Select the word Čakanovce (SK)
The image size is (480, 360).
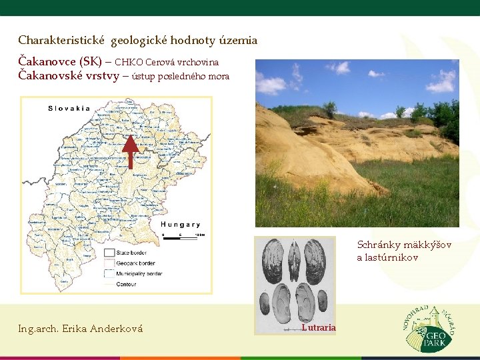pyautogui.click(x=60, y=62)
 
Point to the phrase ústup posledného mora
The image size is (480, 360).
pyautogui.click(x=181, y=76)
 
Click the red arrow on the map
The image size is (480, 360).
pyautogui.click(x=131, y=151)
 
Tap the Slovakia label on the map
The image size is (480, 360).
pyautogui.click(x=69, y=108)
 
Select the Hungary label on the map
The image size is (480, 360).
pyautogui.click(x=180, y=225)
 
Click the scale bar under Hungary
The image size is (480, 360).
pyautogui.click(x=182, y=235)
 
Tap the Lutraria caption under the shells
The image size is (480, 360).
pyautogui.click(x=319, y=327)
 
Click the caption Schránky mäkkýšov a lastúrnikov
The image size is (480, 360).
pyautogui.click(x=404, y=251)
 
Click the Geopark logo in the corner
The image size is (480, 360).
pyautogui.click(x=431, y=327)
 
